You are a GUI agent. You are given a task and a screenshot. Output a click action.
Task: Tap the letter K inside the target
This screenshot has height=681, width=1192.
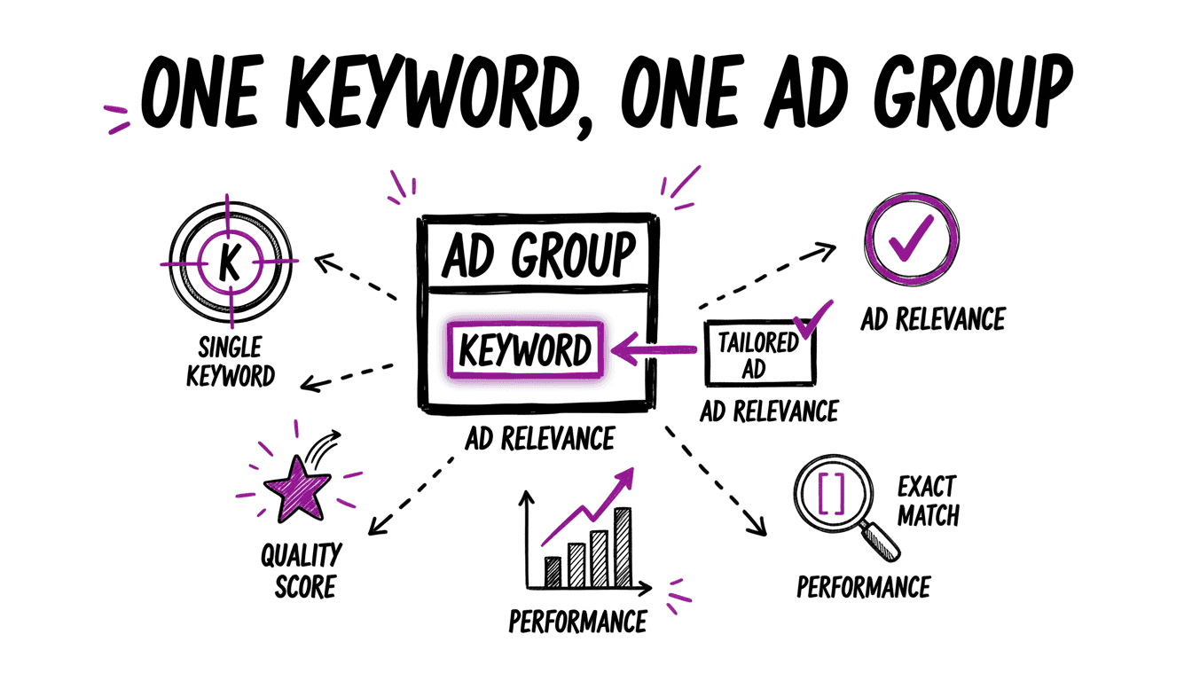tap(229, 262)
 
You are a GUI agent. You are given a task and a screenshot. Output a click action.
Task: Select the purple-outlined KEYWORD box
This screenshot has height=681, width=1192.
tap(525, 351)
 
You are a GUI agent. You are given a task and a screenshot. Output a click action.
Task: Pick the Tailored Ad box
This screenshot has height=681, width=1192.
tap(758, 353)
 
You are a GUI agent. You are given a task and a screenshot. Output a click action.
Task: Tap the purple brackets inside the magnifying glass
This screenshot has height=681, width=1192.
tap(832, 494)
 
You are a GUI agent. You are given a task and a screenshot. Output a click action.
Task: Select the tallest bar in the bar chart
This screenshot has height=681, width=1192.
tap(623, 547)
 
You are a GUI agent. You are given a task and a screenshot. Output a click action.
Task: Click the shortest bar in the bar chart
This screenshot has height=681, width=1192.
tap(553, 572)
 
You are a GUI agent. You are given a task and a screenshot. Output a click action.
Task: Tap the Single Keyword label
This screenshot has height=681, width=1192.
tap(231, 361)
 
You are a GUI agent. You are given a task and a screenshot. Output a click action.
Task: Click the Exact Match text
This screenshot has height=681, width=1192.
tap(928, 500)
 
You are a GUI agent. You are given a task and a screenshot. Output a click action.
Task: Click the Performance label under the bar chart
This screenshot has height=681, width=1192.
tap(577, 621)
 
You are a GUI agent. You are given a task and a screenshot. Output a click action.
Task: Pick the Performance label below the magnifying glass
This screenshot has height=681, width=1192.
tap(863, 586)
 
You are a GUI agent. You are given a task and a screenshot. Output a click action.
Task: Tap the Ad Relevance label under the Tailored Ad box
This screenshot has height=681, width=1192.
tap(769, 411)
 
